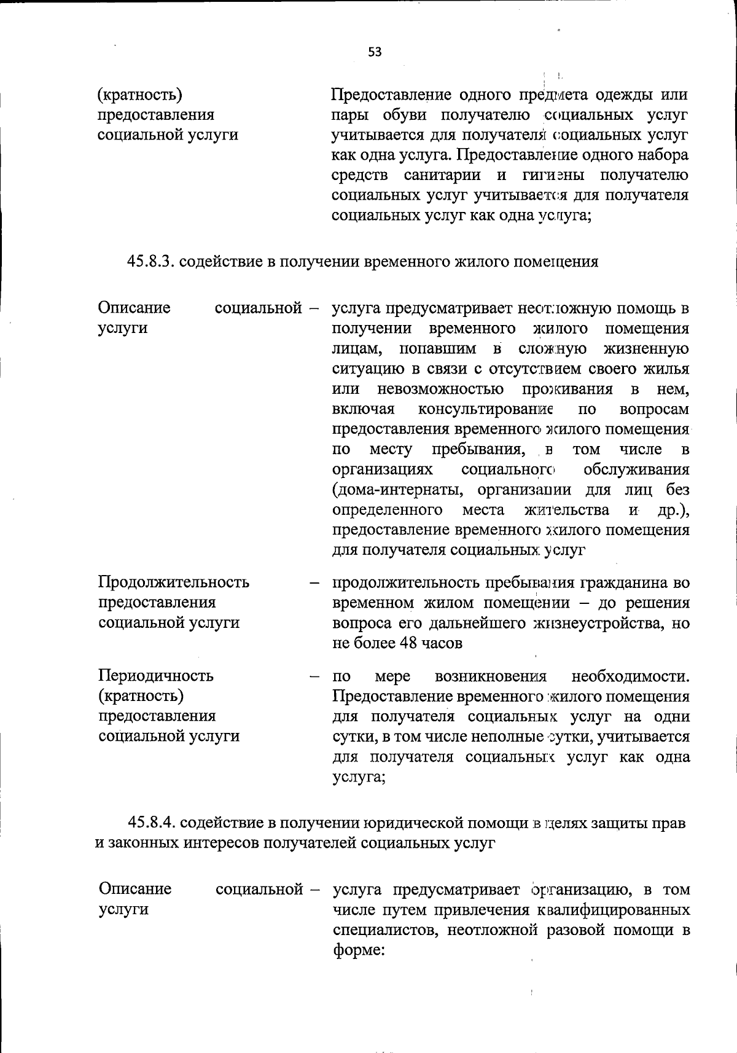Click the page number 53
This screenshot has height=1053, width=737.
point(375,52)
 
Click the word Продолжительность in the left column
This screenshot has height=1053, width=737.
point(174,582)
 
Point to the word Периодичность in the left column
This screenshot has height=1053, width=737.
point(156,676)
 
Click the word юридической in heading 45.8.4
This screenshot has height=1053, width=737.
point(416,823)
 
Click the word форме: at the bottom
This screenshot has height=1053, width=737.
point(359,950)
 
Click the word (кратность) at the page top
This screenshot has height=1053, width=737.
point(141,95)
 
